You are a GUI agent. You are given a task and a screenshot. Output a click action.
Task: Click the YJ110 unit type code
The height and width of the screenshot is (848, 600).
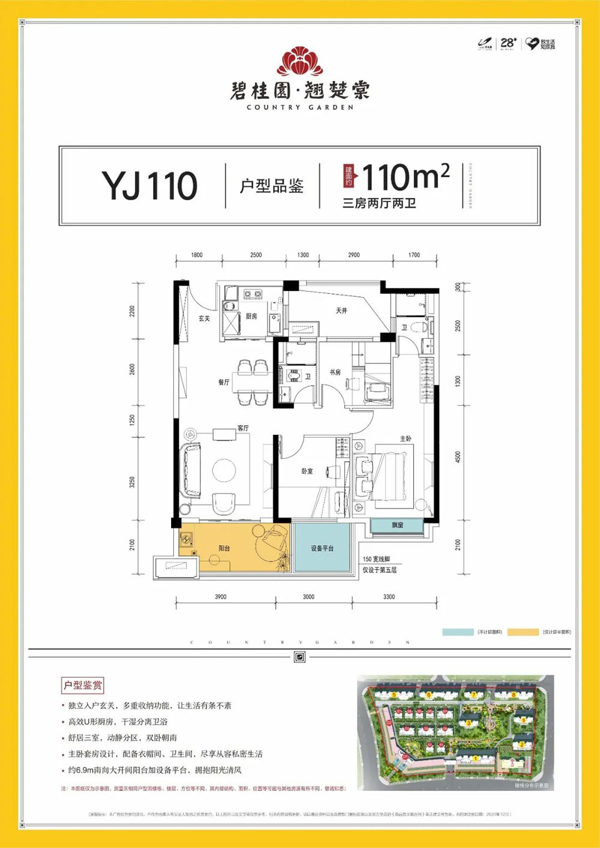tap(149, 185)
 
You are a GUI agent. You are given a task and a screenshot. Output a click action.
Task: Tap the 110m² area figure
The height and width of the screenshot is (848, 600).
tap(406, 177)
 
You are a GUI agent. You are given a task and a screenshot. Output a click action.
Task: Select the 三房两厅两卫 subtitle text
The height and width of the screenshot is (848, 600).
tap(379, 203)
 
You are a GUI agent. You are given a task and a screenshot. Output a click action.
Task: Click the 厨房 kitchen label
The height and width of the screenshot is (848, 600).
tap(251, 316)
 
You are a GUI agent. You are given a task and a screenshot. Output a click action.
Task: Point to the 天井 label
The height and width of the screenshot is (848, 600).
tap(341, 311)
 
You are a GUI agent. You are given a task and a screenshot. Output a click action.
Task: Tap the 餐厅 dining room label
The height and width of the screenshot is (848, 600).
tap(224, 382)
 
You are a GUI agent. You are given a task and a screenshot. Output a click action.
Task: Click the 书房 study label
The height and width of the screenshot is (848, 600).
tap(335, 372)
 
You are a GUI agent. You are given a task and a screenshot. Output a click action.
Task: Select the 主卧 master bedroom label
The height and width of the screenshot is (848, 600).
tap(406, 439)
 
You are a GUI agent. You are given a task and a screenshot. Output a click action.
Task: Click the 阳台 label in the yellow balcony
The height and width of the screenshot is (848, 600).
tap(224, 548)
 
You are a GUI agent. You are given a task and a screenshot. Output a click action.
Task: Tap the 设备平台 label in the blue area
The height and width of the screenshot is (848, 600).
tap(322, 548)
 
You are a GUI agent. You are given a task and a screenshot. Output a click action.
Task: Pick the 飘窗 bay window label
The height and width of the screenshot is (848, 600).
tap(397, 525)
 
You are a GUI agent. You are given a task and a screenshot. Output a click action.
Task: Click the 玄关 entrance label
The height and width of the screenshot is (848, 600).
tap(205, 318)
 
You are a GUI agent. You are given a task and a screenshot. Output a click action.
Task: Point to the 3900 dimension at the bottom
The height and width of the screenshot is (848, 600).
tap(221, 597)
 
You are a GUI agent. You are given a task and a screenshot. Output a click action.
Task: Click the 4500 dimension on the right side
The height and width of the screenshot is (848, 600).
tap(458, 457)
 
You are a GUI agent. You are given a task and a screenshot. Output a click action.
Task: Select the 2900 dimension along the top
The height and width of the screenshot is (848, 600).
tap(354, 255)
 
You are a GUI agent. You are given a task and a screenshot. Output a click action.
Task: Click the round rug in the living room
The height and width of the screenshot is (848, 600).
tap(224, 470)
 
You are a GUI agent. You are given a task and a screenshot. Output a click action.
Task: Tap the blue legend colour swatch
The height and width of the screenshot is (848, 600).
tap(457, 632)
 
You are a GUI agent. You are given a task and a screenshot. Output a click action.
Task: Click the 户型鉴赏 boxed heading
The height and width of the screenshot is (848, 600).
tap(83, 685)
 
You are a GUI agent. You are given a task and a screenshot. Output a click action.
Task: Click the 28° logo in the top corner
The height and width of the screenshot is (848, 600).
tap(508, 43)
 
